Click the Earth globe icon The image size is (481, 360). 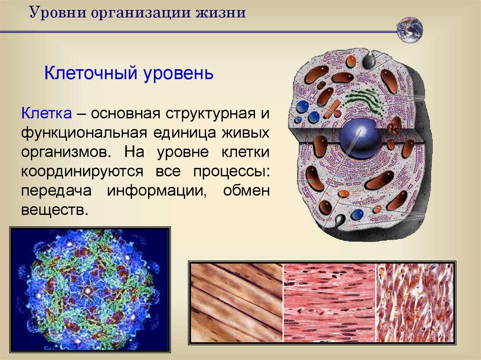click(x=410, y=30)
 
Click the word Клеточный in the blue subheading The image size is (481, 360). click(x=91, y=73)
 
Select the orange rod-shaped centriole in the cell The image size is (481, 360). click(x=332, y=108)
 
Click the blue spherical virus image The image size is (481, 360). click(x=90, y=290)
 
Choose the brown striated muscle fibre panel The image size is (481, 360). click(x=237, y=303)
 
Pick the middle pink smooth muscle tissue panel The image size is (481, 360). click(x=330, y=303)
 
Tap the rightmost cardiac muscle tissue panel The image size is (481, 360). click(x=415, y=303)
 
